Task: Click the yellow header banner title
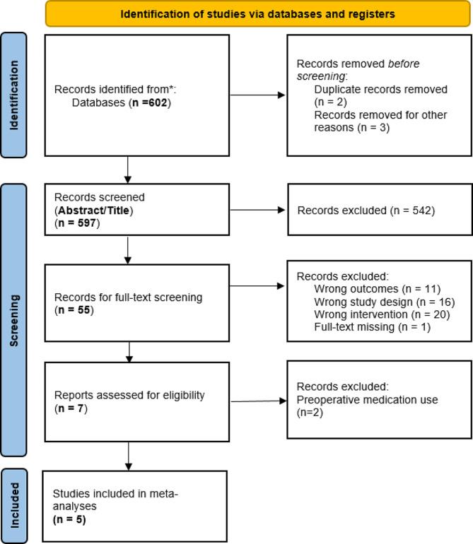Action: (257, 13)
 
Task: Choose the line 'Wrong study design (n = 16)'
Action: (383, 302)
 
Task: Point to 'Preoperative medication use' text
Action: (366, 399)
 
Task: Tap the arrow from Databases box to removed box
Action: (258, 95)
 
